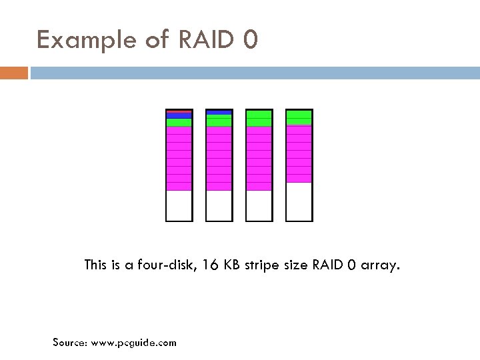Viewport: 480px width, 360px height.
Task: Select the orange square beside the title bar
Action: pos(13,73)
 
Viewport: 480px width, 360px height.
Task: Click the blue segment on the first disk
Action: pos(179,115)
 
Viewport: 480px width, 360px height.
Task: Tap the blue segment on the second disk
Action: pos(219,112)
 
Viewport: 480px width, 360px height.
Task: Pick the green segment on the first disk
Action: pos(179,123)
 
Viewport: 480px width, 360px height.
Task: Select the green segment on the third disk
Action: pos(259,119)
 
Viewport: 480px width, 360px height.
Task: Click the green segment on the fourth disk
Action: pos(299,117)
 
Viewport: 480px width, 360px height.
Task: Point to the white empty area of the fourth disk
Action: pos(299,201)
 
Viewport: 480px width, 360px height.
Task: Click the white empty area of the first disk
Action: pos(179,205)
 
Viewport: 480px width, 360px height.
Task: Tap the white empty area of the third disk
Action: pos(259,205)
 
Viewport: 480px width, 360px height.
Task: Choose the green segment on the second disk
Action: pos(219,121)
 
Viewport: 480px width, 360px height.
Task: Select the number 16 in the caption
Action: pos(213,265)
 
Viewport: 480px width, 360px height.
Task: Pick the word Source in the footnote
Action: pos(69,343)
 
